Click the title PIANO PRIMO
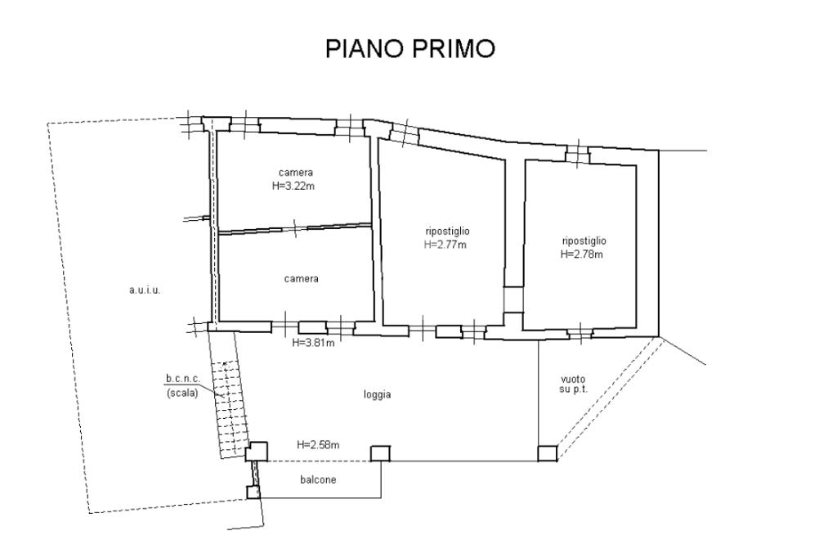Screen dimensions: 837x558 pos(410,48)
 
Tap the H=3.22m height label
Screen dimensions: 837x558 pos(293,186)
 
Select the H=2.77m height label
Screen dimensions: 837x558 pos(445,245)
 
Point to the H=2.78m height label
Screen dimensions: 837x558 pos(582,254)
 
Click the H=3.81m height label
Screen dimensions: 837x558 pos(314,343)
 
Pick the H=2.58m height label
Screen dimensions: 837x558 pos(318,445)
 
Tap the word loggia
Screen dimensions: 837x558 pos(378,394)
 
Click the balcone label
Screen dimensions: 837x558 pos(318,479)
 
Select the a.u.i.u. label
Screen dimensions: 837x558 pos(145,290)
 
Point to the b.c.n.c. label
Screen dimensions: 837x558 pos(182,379)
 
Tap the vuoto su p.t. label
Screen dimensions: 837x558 pos(573,385)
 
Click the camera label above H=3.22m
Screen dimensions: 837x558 pos(296,173)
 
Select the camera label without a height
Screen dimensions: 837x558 pos(301,279)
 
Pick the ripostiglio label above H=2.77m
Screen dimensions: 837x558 pos(447,232)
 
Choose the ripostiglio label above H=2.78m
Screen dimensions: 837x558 pos(584,241)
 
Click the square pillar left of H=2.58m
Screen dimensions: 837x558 pos(257,452)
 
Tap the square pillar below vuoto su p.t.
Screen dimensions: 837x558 pos(547,453)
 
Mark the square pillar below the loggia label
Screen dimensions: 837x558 pos(380,453)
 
